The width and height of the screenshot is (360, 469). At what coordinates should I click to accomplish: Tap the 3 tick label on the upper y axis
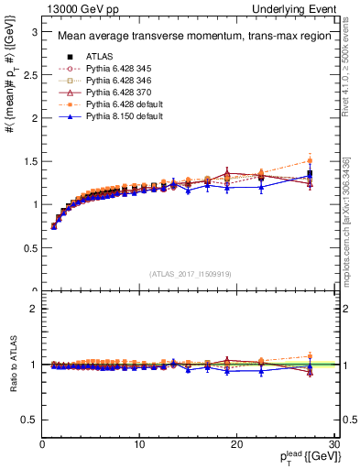tap(34, 31)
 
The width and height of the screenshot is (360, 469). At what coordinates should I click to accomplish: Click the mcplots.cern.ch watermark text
tap(345, 220)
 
